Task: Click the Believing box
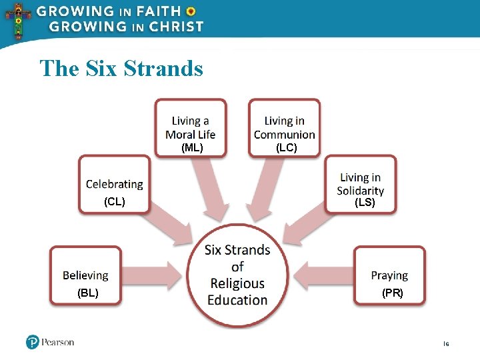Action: point(85,275)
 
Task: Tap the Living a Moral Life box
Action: point(191,127)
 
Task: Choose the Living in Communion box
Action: point(285,127)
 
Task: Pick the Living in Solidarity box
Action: point(361,183)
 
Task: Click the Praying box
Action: point(389,275)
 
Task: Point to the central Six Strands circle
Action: point(237,275)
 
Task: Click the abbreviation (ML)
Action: point(192,148)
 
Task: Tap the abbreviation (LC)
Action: point(286,148)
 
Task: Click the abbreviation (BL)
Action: point(87,293)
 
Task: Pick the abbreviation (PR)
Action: point(392,293)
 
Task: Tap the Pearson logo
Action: point(50,342)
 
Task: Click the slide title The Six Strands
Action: point(121,68)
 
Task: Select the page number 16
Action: point(446,344)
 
